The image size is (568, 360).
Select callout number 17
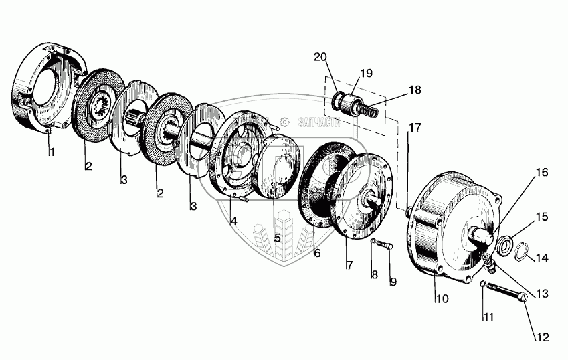(415, 126)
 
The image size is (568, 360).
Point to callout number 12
(543, 337)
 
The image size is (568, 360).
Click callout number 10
(442, 298)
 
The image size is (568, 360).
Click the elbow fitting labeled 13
(488, 264)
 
